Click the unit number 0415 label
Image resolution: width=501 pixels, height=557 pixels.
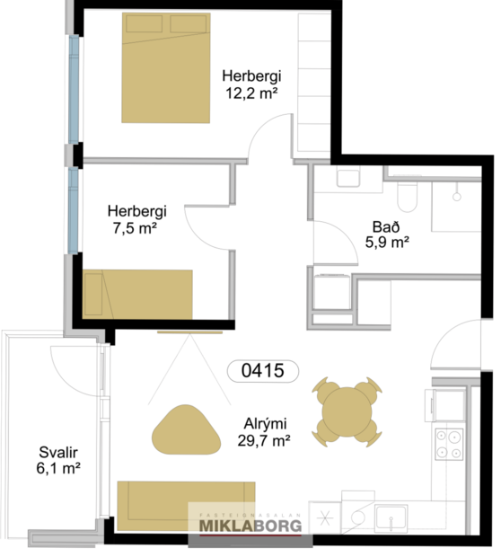262,370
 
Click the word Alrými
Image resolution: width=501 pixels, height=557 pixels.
266,424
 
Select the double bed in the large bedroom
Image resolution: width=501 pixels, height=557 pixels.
167,67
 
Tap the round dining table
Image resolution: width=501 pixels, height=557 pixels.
347,411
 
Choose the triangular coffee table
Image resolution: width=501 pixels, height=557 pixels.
187,429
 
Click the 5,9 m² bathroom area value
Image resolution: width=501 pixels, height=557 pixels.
387,242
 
